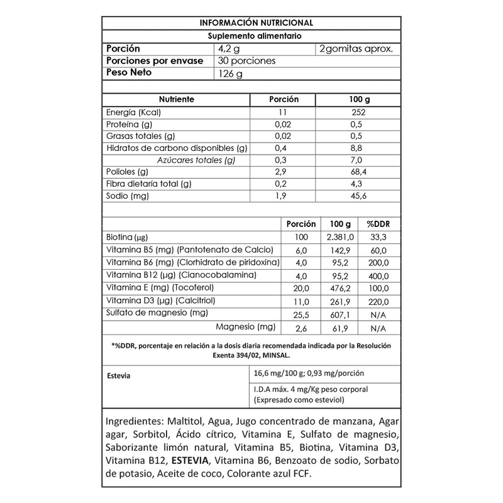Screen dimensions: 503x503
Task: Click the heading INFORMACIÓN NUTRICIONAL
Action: [x=251, y=23]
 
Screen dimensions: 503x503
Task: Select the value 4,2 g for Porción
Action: [x=230, y=49]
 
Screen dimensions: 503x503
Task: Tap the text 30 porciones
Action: [x=246, y=61]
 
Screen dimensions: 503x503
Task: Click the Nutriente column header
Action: [x=176, y=100]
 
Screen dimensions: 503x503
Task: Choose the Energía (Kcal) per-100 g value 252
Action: [x=358, y=113]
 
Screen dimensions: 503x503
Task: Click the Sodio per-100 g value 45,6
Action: [x=358, y=196]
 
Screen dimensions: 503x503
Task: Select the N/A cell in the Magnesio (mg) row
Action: [x=377, y=328]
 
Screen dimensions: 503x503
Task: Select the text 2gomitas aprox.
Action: [x=357, y=49]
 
